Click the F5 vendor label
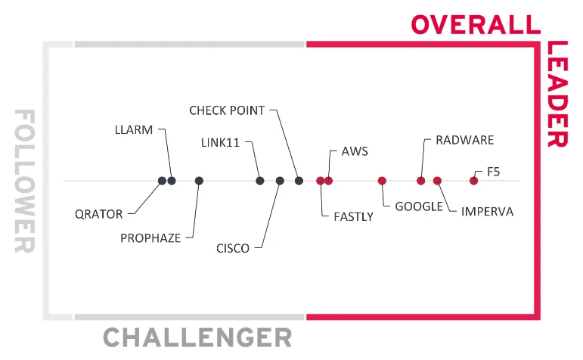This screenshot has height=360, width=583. (493, 172)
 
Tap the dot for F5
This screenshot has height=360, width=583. (474, 181)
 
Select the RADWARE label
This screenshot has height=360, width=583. (464, 141)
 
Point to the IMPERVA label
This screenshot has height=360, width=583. (487, 212)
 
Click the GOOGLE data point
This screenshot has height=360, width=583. (382, 181)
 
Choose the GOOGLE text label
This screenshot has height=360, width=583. (418, 206)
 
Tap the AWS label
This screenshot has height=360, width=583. (355, 151)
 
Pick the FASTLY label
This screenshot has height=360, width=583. (353, 217)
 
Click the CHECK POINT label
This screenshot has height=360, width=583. (227, 110)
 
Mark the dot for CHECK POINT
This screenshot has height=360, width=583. (299, 181)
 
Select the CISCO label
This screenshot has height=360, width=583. (232, 249)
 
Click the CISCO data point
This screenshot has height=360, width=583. (280, 181)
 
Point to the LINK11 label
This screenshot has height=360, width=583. (221, 142)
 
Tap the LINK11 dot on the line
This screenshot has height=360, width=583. (260, 181)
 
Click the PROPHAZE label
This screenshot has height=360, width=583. (150, 238)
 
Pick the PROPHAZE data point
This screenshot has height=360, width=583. (199, 181)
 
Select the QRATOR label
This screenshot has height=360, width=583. (98, 214)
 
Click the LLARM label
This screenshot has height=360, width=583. (133, 130)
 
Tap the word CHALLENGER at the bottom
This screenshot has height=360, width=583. (197, 337)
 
